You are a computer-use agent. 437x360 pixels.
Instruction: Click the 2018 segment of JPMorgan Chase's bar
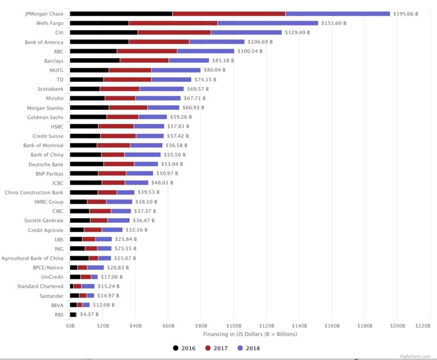point(337,14)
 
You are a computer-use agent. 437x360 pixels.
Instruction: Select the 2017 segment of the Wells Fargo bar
point(173,23)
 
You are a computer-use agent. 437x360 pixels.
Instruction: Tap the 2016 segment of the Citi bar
point(104,32)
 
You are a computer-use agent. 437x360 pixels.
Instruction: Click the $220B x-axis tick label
point(423,326)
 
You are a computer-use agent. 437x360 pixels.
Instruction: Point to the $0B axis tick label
point(70,326)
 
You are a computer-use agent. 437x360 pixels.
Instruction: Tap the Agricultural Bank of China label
point(33,257)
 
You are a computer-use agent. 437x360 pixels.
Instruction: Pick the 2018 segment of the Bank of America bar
point(216,42)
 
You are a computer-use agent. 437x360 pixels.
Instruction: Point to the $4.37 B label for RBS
point(89,314)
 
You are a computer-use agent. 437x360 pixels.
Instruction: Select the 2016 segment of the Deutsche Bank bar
point(86,163)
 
